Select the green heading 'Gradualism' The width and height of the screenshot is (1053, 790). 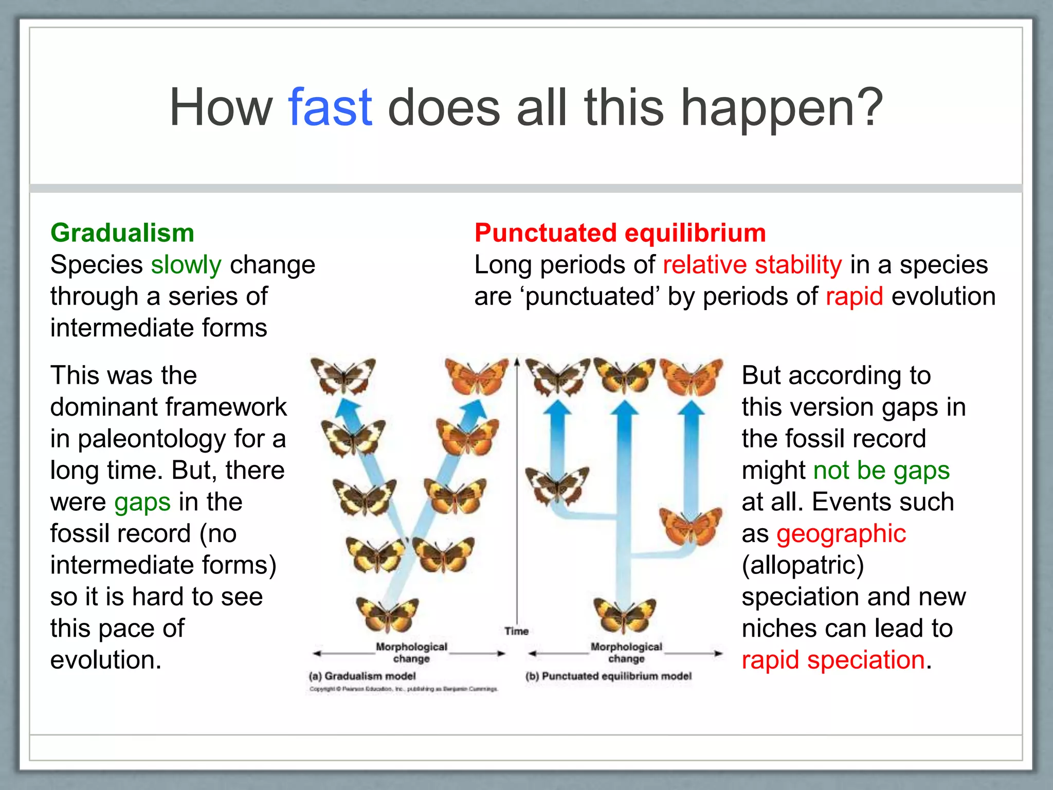tap(122, 233)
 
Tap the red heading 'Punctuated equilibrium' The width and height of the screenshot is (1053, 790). tap(620, 233)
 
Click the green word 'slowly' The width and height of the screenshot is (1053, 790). tap(186, 265)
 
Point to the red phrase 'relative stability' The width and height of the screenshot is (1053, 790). tap(752, 265)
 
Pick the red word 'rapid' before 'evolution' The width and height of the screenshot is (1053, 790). tap(855, 297)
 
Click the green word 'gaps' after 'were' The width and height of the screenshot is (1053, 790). tap(142, 502)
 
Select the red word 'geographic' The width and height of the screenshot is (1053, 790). tap(841, 534)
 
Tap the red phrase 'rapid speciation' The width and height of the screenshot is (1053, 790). tap(833, 660)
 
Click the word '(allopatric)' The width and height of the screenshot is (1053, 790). tap(803, 565)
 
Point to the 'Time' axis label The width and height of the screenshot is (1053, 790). tap(516, 631)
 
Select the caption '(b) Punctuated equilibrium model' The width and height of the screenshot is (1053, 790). tap(608, 676)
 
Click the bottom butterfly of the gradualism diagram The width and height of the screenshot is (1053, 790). tap(387, 615)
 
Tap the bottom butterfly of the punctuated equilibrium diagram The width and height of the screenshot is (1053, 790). tap(625, 615)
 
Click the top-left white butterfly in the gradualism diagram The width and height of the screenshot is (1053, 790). tap(343, 375)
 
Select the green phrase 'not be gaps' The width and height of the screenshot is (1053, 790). tap(881, 471)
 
